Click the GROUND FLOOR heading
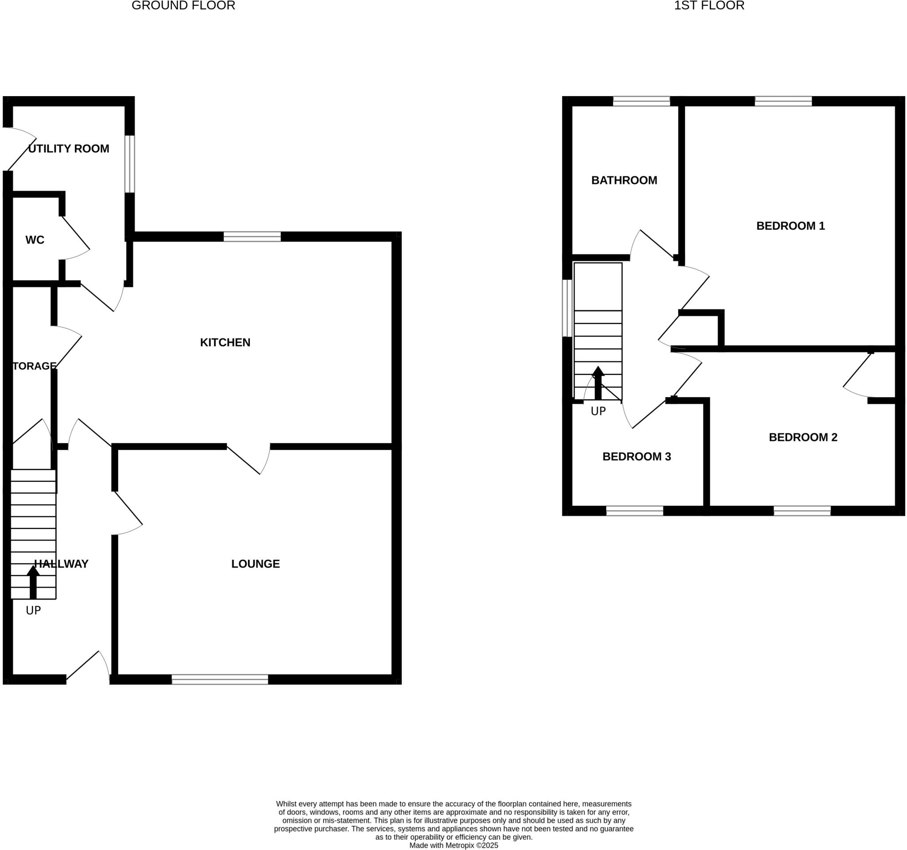[183, 5]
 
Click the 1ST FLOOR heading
[709, 5]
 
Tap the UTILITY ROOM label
[69, 149]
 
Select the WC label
[35, 240]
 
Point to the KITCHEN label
[225, 343]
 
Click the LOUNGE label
[256, 564]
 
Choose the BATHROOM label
[624, 180]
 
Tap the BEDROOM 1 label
[791, 226]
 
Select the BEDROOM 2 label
[803, 437]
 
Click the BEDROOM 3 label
[636, 456]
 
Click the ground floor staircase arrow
[33, 582]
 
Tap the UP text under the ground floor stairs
[33, 610]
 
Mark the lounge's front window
[220, 679]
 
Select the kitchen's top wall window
[252, 237]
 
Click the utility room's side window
[130, 164]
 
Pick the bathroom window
[641, 101]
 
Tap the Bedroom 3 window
[634, 511]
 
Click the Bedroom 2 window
[802, 511]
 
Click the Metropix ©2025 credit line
[453, 846]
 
